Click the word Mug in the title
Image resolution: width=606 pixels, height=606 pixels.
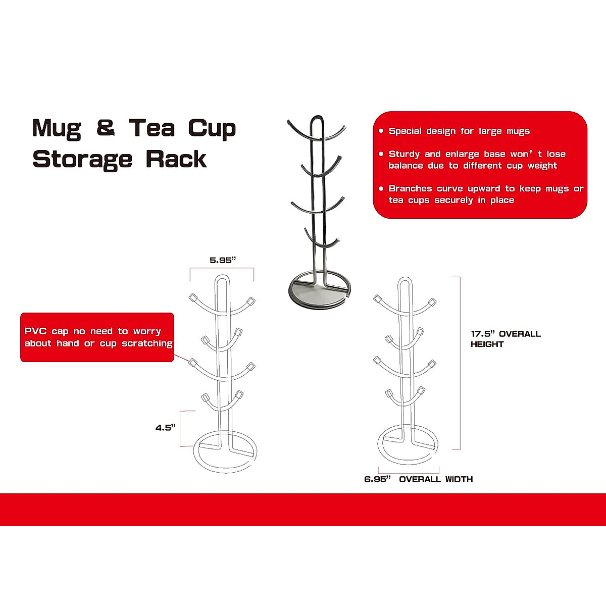click(56, 129)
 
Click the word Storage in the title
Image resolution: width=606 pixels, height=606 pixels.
click(82, 160)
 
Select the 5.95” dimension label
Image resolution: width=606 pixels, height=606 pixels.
click(223, 260)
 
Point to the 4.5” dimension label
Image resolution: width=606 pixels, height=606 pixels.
click(165, 428)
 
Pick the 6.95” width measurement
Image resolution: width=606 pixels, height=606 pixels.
click(377, 479)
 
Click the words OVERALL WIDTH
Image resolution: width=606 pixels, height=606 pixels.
click(436, 479)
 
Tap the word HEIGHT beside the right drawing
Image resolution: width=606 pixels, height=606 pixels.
click(487, 344)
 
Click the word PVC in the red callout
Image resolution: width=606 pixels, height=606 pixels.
click(35, 331)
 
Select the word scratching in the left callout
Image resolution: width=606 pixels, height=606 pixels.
click(147, 343)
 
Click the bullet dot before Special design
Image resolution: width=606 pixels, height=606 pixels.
click(381, 131)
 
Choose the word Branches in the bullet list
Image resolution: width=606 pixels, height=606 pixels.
click(410, 189)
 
